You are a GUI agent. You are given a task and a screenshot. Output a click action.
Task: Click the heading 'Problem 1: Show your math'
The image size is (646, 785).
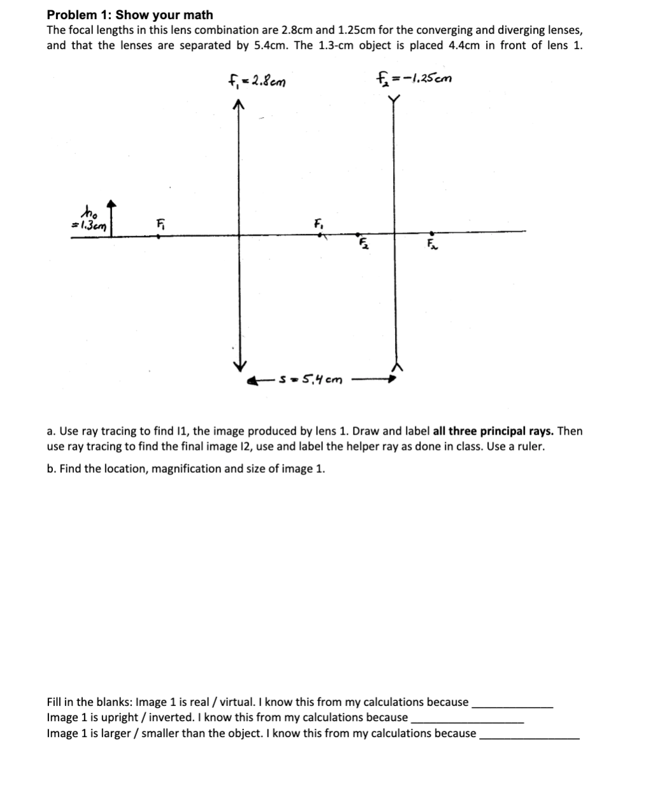pos(130,15)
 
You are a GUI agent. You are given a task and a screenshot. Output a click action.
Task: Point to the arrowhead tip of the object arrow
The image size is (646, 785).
pos(112,204)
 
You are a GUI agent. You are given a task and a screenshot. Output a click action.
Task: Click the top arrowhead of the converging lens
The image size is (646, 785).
pos(239,106)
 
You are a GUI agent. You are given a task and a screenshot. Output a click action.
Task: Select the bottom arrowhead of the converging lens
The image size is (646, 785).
pos(239,366)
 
